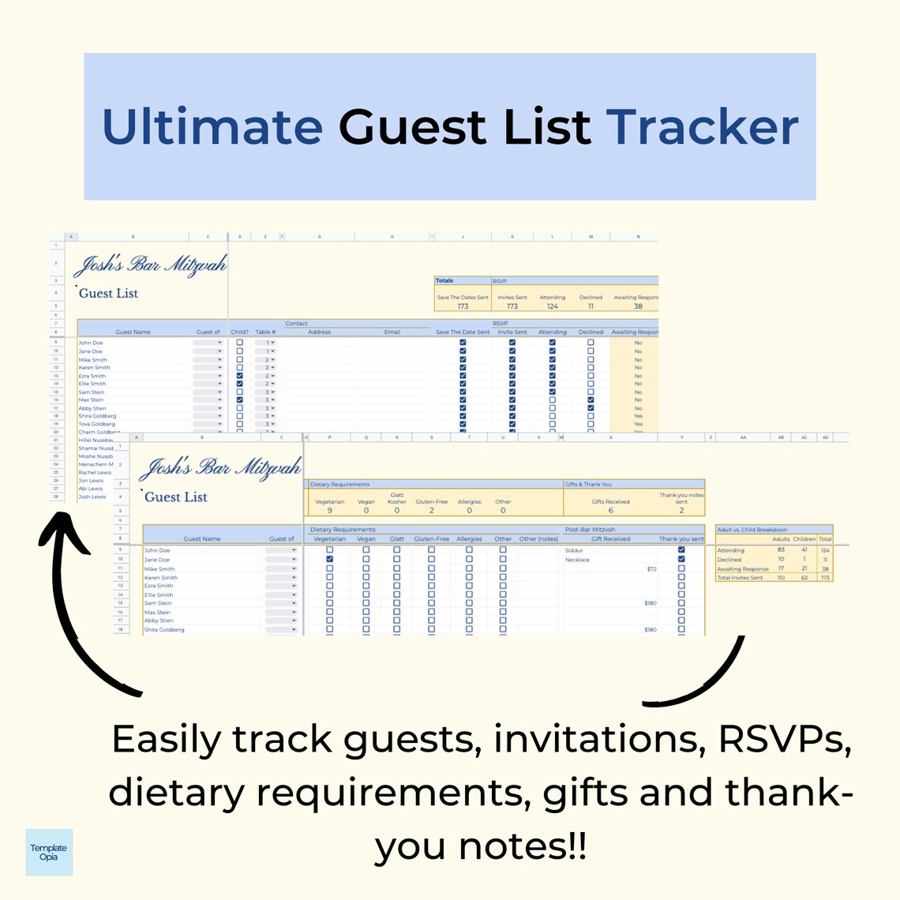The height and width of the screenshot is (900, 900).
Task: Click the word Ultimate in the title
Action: (213, 127)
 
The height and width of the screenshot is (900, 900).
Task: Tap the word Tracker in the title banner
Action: (702, 127)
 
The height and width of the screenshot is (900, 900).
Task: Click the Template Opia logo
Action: (49, 852)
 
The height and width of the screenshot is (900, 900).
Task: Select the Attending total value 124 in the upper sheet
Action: (552, 306)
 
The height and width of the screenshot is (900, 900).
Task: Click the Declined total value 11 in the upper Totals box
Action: (591, 306)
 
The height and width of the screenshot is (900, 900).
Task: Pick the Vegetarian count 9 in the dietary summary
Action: (329, 511)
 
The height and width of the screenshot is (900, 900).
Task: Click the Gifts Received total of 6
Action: (610, 511)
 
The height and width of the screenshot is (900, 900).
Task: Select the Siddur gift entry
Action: (574, 550)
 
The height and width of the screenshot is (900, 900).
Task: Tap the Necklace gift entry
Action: (577, 560)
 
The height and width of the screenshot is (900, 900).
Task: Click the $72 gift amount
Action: (651, 568)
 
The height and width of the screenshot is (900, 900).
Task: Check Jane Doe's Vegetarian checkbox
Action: (329, 559)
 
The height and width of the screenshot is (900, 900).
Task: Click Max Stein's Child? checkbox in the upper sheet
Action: (240, 400)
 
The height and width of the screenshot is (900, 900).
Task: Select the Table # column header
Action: (265, 332)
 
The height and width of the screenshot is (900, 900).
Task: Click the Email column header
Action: (392, 332)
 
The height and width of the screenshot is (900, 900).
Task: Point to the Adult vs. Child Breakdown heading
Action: (752, 530)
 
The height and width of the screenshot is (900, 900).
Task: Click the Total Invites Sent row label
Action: (740, 578)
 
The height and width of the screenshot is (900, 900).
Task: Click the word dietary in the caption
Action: (176, 793)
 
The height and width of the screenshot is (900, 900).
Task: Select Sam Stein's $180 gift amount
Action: (650, 603)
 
